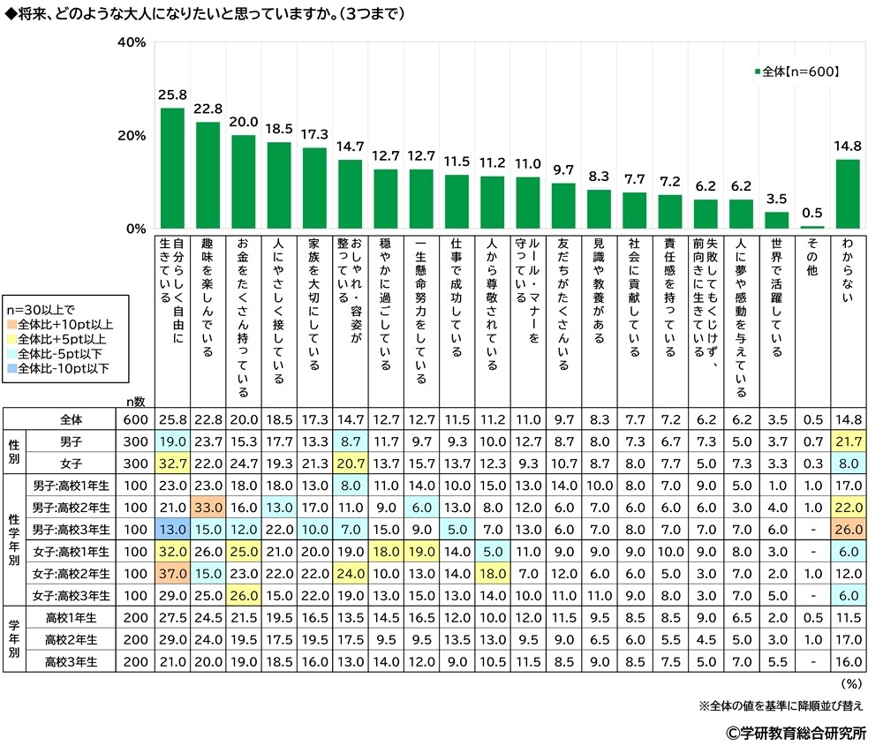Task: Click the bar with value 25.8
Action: [171, 169]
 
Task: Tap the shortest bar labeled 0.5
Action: [811, 228]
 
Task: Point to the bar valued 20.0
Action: [243, 182]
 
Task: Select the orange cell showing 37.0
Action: [171, 574]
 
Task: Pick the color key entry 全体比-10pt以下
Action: [62, 368]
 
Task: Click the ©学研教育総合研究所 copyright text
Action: [796, 732]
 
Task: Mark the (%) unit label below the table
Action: [852, 682]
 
